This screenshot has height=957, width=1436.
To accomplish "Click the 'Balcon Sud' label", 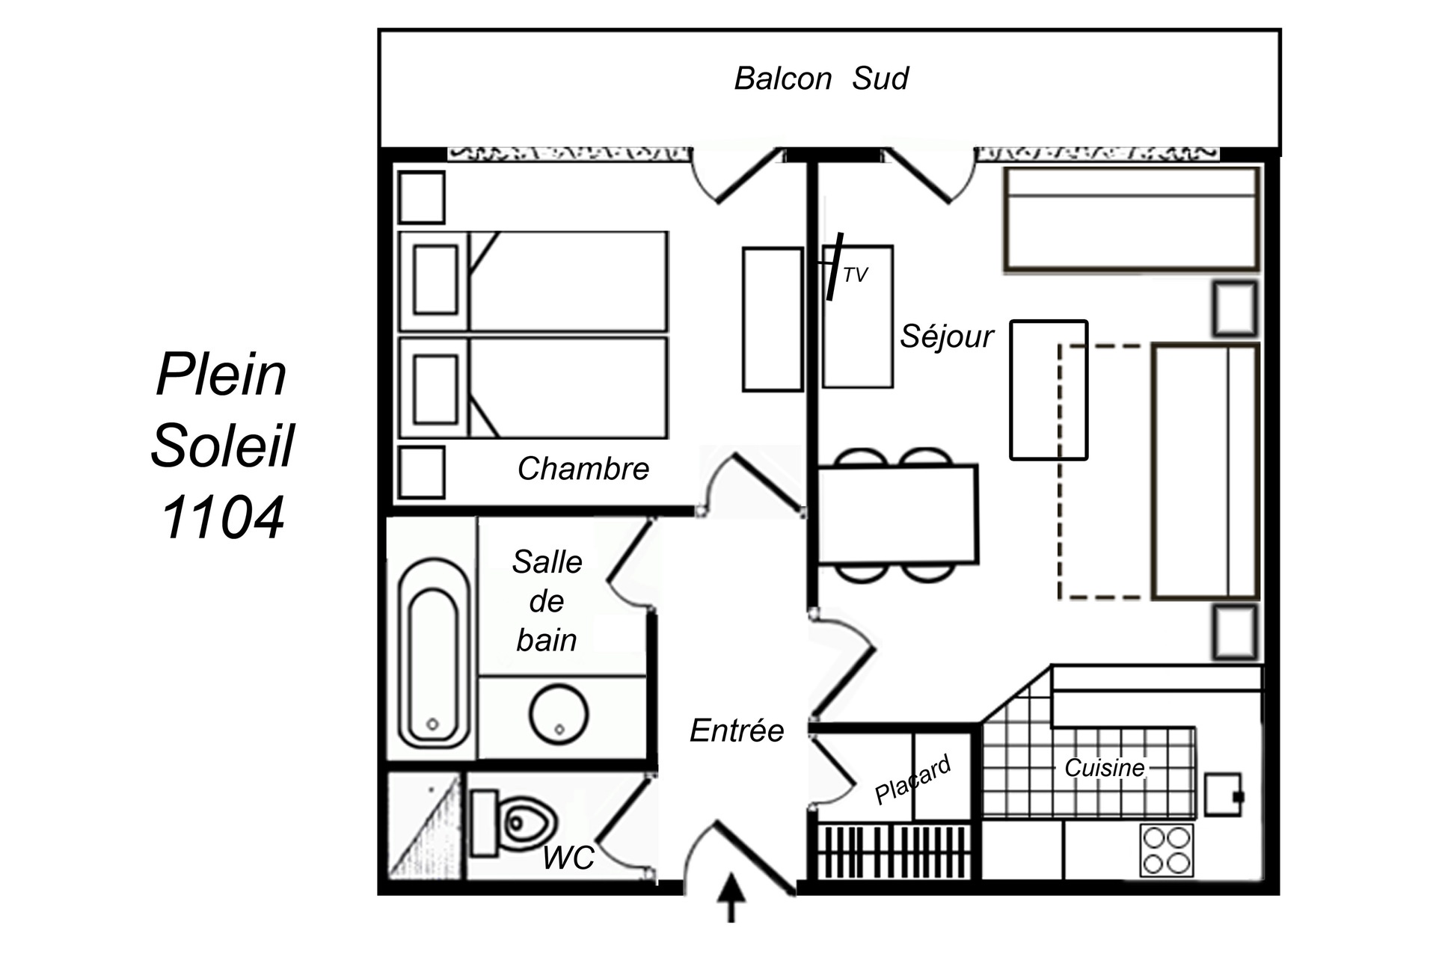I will click(x=820, y=79).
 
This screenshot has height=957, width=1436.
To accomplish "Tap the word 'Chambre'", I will click(x=583, y=469).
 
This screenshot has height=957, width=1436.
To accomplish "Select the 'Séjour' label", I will click(x=946, y=336).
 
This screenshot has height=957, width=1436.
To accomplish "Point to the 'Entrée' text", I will click(x=737, y=730).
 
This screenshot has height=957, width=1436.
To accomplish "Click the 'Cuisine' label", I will click(x=1104, y=768).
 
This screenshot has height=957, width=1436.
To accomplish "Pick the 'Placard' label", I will click(x=912, y=780).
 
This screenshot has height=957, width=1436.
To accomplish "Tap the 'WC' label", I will click(x=568, y=858).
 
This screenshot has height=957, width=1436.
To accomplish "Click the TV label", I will click(x=855, y=275).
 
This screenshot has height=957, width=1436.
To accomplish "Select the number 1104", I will click(x=222, y=517).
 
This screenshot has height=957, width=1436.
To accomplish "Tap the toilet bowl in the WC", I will click(x=525, y=823).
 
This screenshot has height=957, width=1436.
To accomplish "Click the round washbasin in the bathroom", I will click(x=559, y=714).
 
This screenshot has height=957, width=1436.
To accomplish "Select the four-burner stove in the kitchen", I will click(x=1167, y=850).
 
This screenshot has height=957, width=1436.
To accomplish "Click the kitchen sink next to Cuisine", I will click(x=1223, y=795).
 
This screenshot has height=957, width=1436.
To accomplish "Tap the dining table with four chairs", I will click(x=897, y=514).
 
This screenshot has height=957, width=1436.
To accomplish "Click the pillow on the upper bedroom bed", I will click(x=435, y=280).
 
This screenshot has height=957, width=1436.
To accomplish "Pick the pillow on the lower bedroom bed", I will click(x=435, y=390).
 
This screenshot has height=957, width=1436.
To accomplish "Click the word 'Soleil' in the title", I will click(x=222, y=446).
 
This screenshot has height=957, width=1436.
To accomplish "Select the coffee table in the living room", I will click(x=1048, y=390).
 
